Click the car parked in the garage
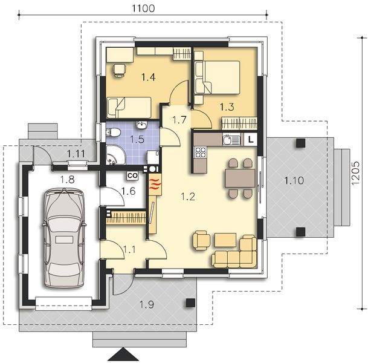64,238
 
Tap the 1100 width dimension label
143,8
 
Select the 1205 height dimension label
355,173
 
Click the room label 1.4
149,77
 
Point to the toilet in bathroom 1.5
113,132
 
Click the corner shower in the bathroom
114,155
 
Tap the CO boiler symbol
132,175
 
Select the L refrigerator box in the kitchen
251,139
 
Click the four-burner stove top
201,152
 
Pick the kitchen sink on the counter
231,139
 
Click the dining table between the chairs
240,178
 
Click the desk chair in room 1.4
120,70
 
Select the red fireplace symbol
155,184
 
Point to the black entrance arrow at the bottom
123,355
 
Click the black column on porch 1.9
190,302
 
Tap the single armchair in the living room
201,240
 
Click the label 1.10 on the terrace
294,180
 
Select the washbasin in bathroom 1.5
142,125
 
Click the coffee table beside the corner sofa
225,240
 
